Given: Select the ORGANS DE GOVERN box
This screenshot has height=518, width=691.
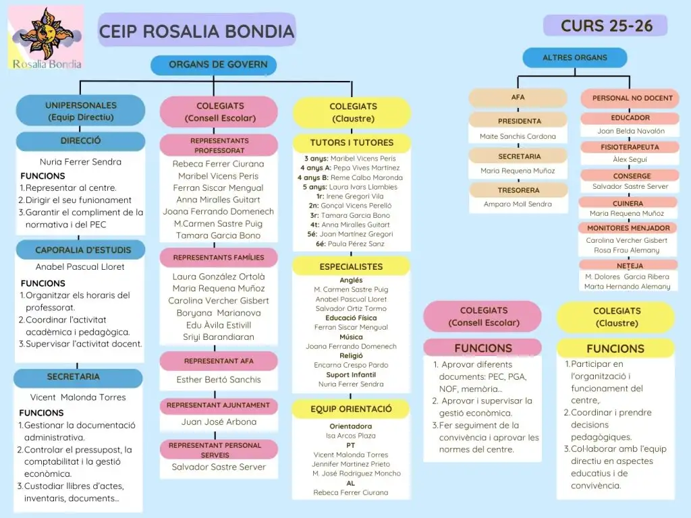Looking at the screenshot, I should [217, 65].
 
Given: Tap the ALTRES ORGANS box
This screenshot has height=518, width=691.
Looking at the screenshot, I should [574, 58].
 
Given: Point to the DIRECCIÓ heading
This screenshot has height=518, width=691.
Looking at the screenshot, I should [80, 142].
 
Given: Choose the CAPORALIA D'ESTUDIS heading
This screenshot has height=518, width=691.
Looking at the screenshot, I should [83, 250].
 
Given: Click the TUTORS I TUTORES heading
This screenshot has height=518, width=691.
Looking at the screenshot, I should [351, 143].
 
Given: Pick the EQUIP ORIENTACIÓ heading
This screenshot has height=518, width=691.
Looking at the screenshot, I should [351, 409].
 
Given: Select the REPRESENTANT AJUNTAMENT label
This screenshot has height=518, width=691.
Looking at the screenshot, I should [218, 405].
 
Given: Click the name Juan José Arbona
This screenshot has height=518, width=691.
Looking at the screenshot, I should [219, 422].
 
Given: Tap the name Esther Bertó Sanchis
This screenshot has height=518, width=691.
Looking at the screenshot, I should [219, 380].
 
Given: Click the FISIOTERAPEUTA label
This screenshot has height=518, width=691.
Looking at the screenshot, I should [630, 147].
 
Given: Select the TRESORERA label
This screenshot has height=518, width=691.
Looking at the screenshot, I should [519, 190].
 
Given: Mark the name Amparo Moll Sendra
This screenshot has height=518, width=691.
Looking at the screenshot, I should [518, 204].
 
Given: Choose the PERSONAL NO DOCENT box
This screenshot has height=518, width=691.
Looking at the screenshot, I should [632, 98].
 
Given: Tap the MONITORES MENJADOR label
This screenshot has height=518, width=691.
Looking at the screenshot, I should [628, 228].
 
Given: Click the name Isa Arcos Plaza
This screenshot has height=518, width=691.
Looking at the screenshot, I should [351, 436].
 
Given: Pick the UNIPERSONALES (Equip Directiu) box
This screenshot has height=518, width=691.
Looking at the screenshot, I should [80, 111].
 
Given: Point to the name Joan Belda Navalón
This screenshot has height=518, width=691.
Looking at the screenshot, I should [630, 132].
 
